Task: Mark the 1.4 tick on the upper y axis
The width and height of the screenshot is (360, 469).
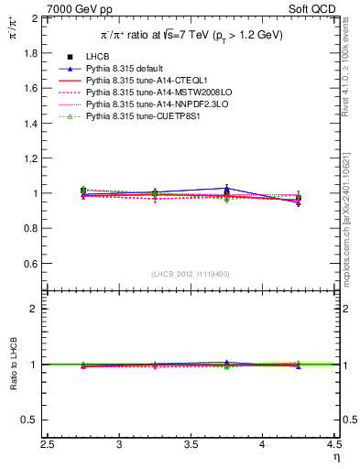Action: coord(33,124)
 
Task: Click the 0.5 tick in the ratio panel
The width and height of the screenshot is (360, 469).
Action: coord(33,420)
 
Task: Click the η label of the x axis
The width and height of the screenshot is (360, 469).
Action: coord(336,457)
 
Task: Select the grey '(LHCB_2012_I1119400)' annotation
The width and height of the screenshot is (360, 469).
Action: coord(191,274)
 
